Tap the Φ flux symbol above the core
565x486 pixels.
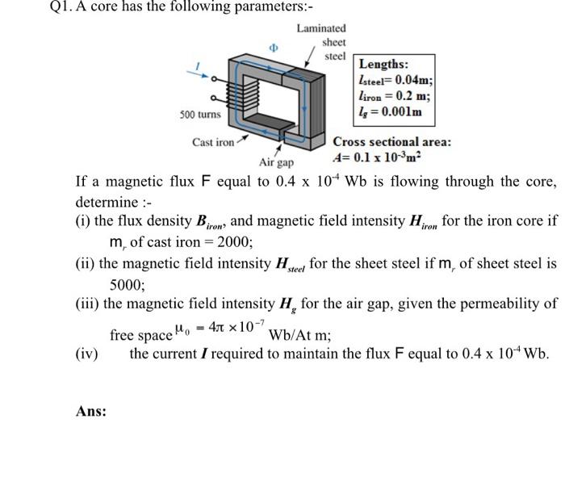tap(274, 47)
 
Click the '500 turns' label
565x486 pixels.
tap(201, 115)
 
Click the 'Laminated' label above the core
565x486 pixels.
tap(320, 28)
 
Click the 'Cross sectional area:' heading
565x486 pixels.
tap(392, 141)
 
